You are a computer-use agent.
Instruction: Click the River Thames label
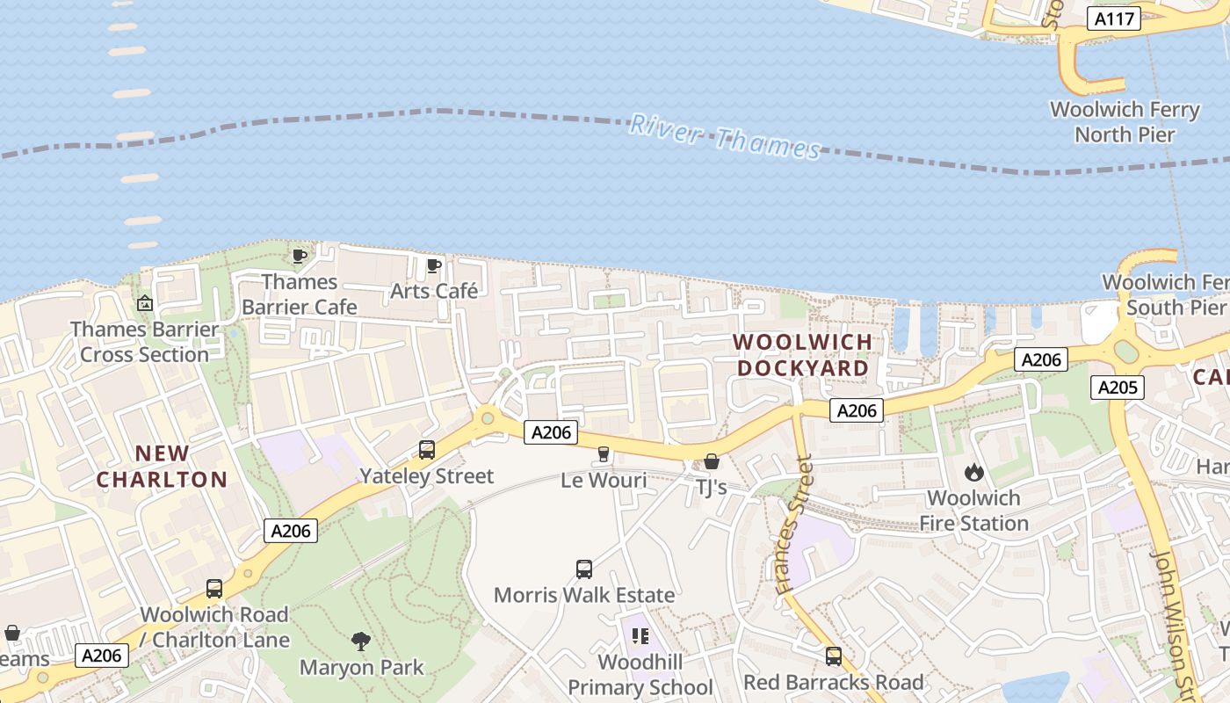[725, 137]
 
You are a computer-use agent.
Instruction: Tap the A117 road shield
[1113, 18]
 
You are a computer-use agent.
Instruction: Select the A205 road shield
[1118, 388]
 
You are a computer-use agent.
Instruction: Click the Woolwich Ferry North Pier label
[1125, 122]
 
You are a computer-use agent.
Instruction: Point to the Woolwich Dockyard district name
[803, 355]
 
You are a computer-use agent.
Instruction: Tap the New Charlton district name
[162, 467]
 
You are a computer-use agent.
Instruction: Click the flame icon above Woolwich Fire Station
[973, 473]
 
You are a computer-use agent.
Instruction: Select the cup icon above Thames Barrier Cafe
[299, 256]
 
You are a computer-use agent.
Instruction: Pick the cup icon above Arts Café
[433, 265]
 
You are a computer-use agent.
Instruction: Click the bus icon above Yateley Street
[427, 450]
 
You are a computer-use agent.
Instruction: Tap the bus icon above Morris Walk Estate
[584, 569]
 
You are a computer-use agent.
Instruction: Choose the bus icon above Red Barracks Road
[833, 656]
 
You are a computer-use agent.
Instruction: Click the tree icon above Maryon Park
[360, 641]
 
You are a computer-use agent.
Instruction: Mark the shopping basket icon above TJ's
[712, 461]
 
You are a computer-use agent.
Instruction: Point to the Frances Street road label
[792, 525]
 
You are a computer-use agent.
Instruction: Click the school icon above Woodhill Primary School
[640, 635]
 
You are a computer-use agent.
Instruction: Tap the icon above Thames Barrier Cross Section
[145, 303]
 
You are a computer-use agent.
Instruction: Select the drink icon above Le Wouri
[604, 454]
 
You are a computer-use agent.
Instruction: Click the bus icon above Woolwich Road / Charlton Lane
[214, 589]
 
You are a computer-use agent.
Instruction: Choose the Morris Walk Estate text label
[584, 595]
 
